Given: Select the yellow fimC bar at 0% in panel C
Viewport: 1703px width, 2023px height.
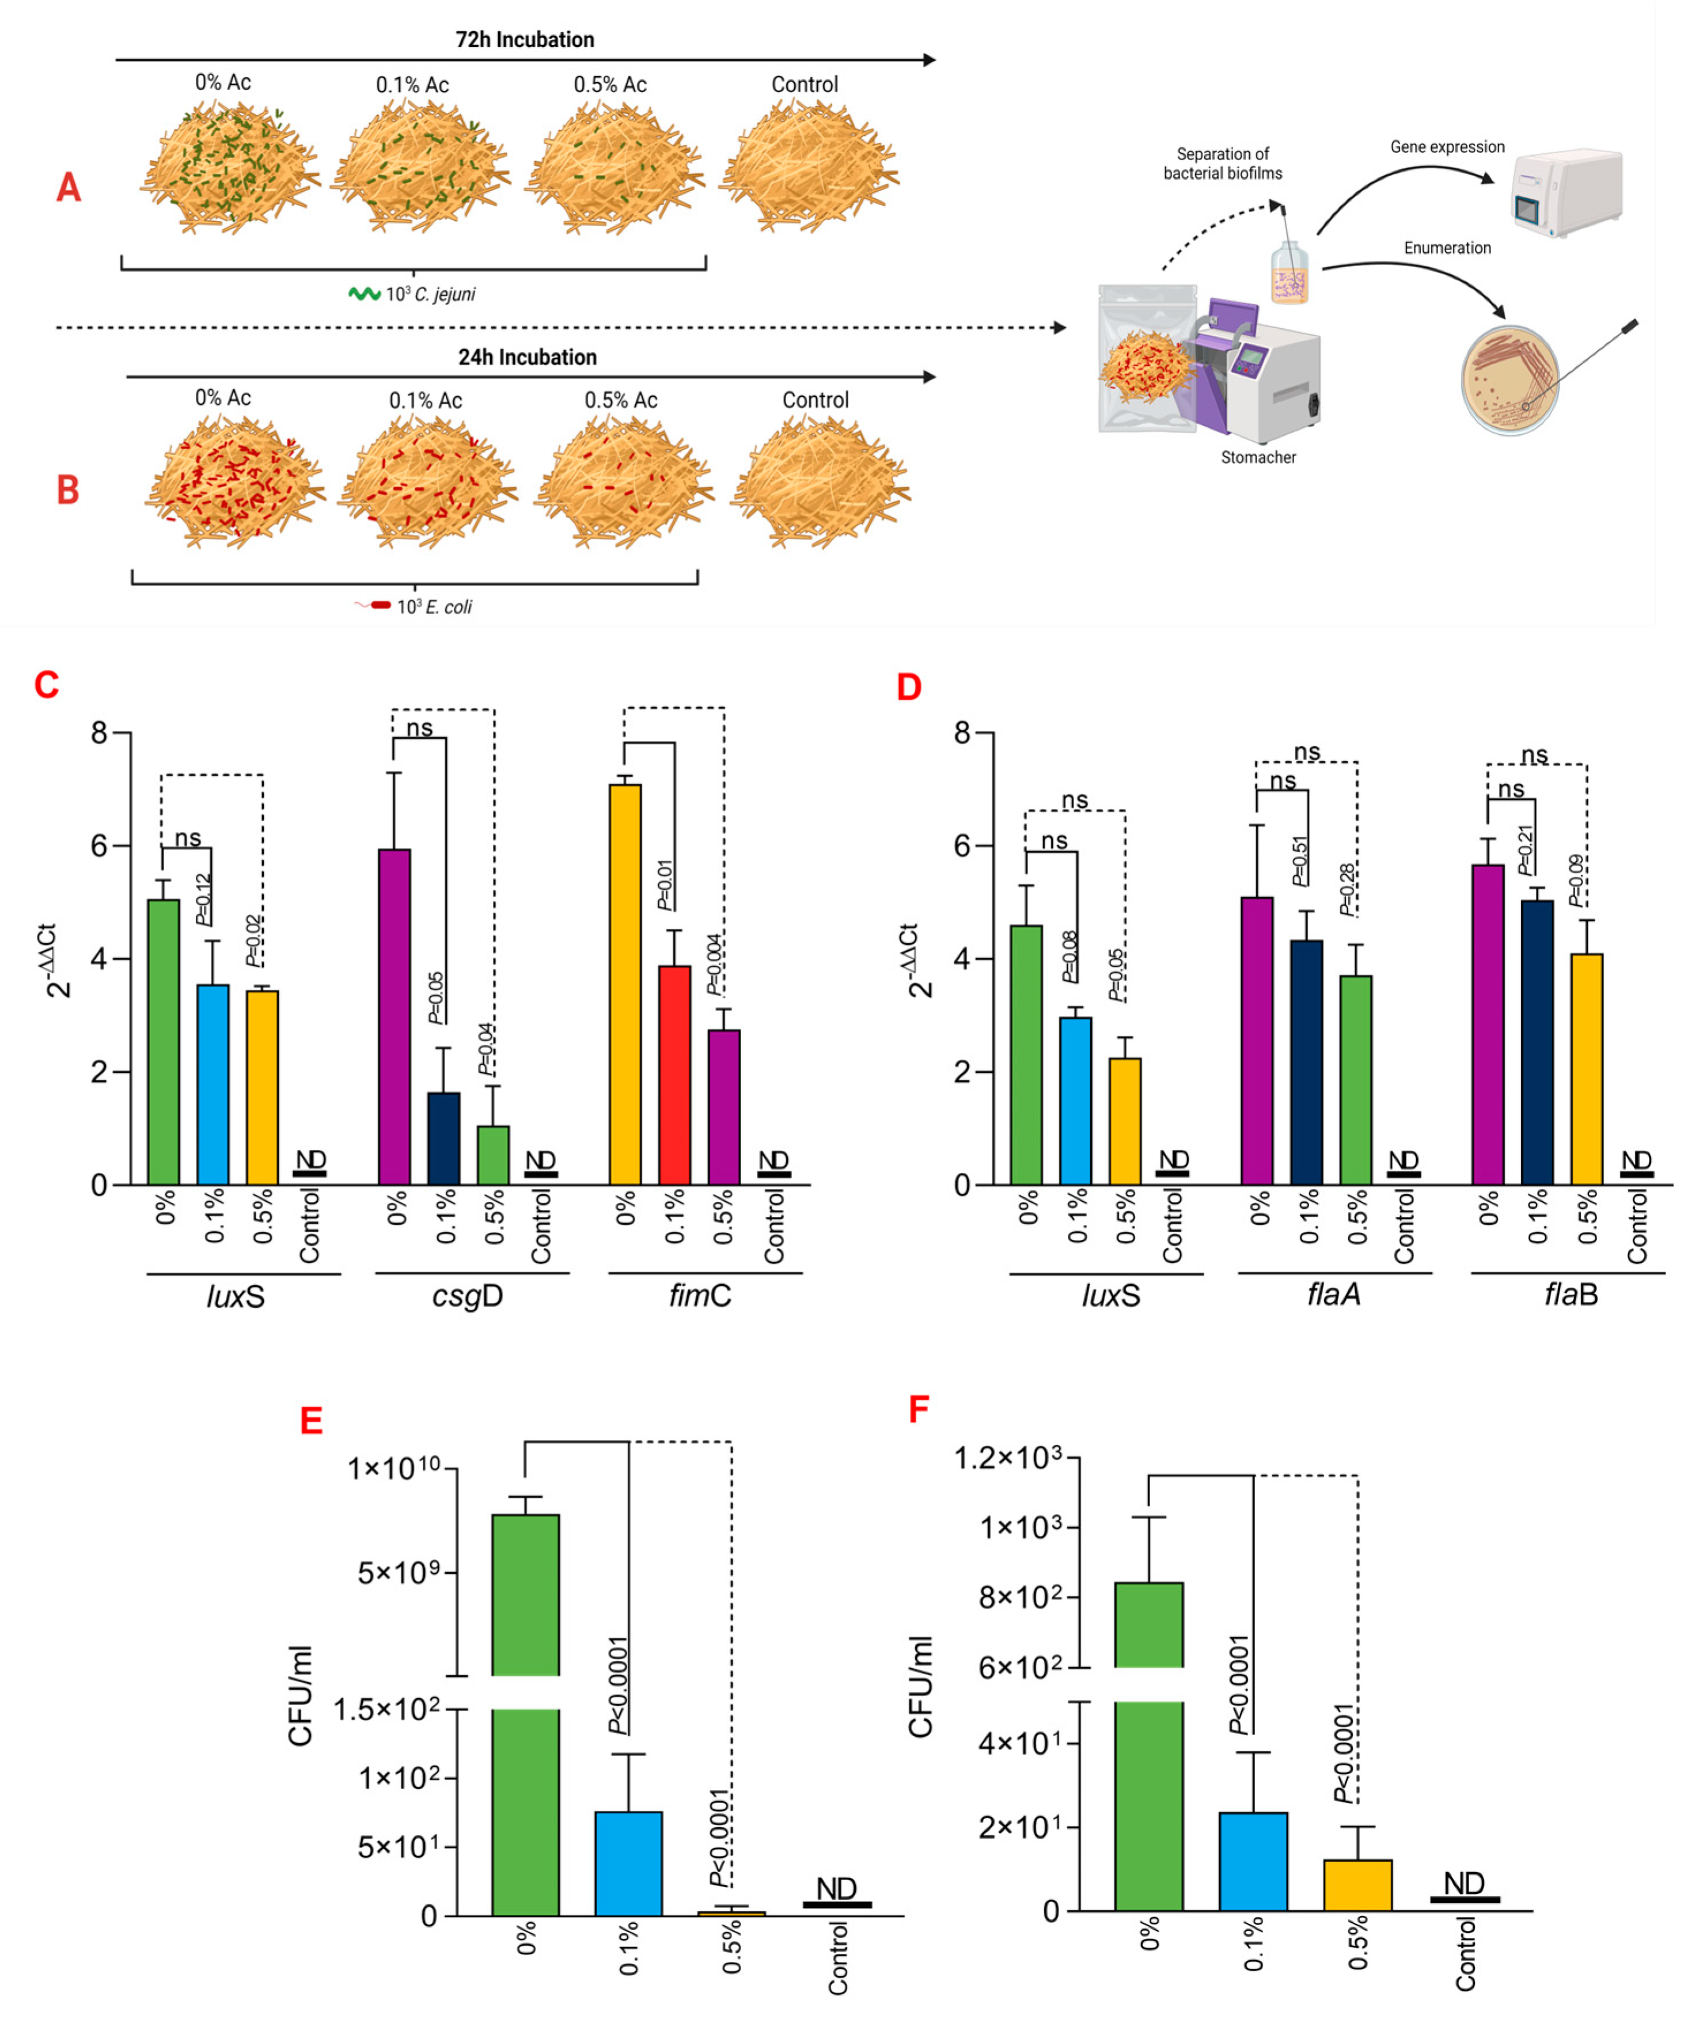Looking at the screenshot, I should (x=625, y=985).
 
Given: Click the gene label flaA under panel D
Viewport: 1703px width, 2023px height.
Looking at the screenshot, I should (x=1333, y=1295).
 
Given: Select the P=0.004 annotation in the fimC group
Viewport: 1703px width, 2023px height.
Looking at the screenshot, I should (x=714, y=964).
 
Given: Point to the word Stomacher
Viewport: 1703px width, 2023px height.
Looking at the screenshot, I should (x=1258, y=457).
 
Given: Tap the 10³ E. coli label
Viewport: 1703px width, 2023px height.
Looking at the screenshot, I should (x=434, y=606).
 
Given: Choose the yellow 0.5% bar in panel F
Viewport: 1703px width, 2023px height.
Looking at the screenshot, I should (x=1357, y=1885).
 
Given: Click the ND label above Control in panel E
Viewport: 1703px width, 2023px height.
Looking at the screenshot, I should (x=836, y=1889).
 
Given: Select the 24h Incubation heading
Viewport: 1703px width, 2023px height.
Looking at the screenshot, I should (x=527, y=357).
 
